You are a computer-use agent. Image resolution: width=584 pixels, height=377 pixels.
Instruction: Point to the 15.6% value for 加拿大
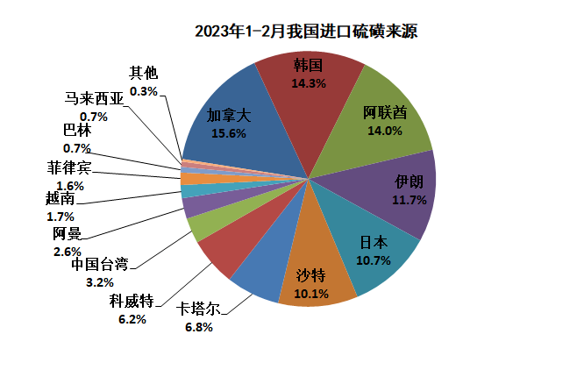pos(229,134)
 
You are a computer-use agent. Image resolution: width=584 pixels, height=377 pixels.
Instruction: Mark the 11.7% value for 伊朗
pos(410,201)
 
